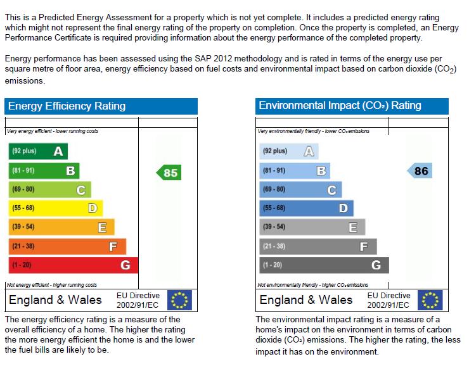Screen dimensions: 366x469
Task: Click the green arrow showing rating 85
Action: (x=169, y=172)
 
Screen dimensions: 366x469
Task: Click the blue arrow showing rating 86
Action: (x=420, y=171)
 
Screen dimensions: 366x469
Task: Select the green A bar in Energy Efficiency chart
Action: (x=38, y=151)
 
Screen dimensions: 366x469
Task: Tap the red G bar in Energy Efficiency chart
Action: (x=73, y=265)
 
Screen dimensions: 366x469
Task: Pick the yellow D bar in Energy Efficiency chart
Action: (x=55, y=208)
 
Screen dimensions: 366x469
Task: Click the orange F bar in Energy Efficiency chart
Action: (x=67, y=246)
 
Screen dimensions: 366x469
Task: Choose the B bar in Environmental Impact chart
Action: (x=295, y=171)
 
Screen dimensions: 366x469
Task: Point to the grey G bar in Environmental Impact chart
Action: (x=323, y=265)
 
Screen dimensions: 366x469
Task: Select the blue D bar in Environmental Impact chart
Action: (x=306, y=208)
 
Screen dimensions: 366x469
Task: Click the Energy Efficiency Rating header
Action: (x=67, y=106)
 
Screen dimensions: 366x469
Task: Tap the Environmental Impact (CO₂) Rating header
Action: (x=340, y=106)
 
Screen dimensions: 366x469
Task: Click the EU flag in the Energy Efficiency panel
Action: (x=179, y=300)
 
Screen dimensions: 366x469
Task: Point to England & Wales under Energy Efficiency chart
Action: (x=55, y=300)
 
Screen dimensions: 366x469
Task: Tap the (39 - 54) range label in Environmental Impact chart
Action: (x=274, y=227)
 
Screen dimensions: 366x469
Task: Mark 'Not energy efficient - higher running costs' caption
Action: (x=52, y=285)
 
